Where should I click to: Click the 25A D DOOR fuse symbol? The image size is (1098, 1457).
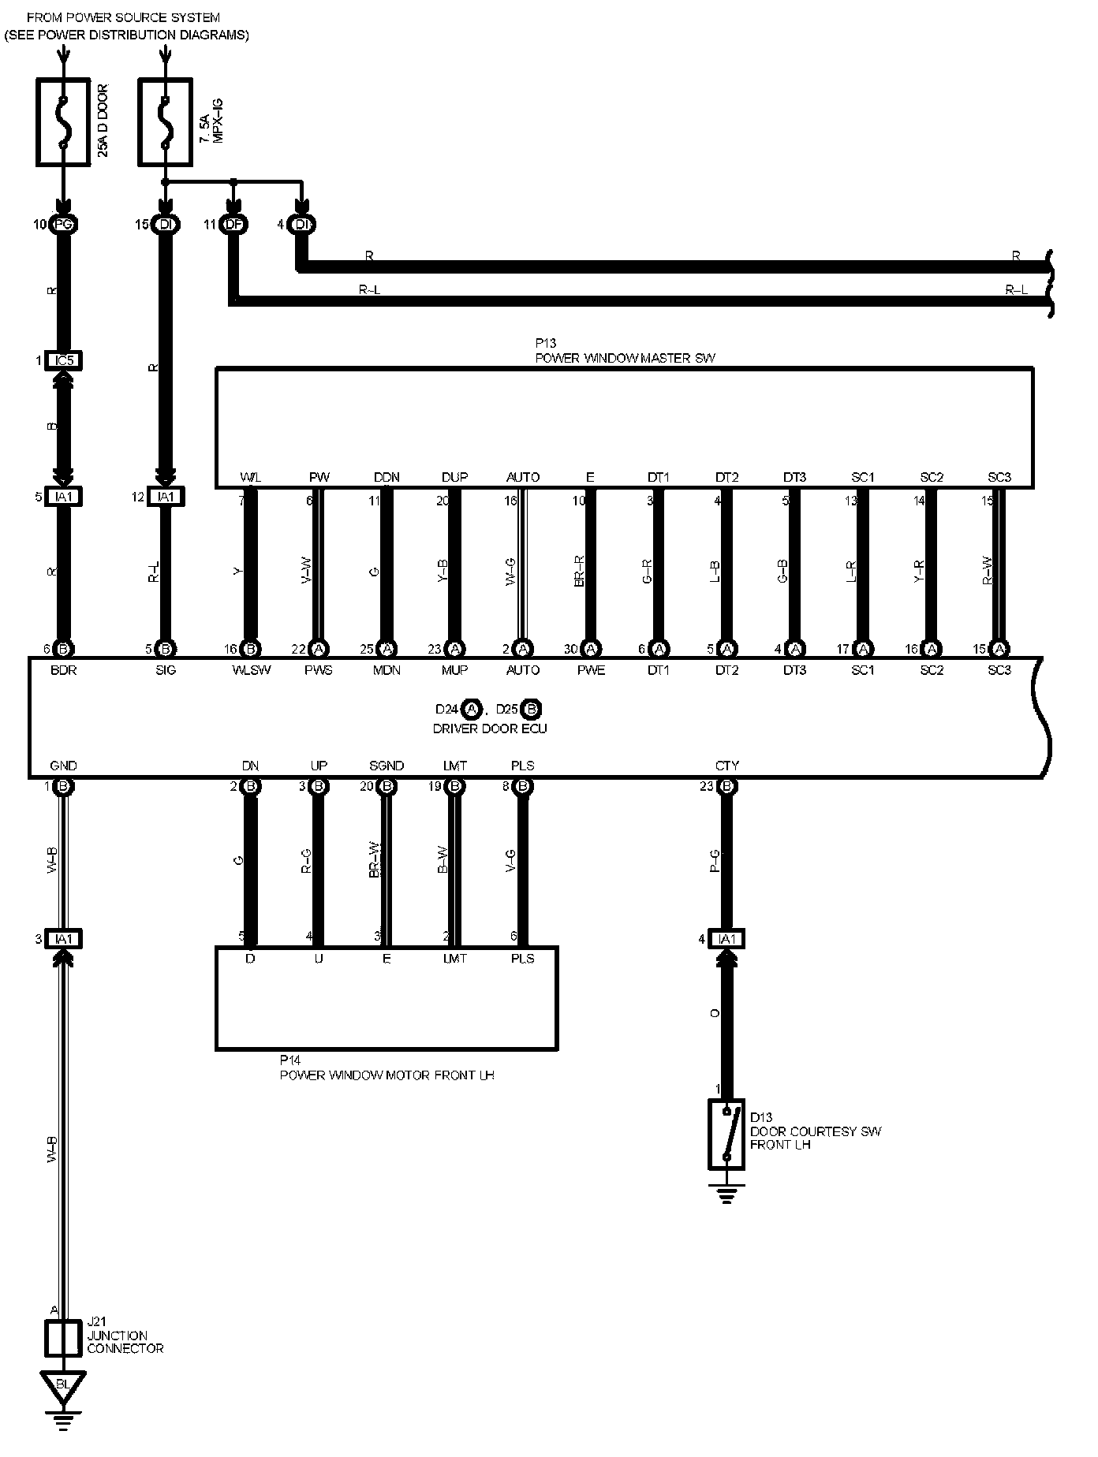64,121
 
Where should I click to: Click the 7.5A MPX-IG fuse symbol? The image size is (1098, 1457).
165,121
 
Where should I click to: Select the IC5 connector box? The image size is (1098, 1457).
64,360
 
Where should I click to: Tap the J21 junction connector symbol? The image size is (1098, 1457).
64,1337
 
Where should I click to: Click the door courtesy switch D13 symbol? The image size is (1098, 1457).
726,1134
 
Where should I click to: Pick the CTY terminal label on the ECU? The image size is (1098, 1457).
726,766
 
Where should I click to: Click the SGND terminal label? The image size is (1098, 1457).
387,766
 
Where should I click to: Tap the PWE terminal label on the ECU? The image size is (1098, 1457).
590,670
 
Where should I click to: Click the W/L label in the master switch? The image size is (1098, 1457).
250,477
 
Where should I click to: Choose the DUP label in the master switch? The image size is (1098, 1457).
454,477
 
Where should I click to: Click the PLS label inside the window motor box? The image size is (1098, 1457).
522,959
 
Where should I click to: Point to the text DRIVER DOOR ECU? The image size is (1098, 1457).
489,728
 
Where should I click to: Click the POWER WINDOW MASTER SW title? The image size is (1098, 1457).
625,358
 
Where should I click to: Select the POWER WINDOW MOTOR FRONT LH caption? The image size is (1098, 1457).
387,1075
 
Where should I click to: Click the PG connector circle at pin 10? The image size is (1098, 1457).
63,225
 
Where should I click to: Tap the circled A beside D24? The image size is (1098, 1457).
471,709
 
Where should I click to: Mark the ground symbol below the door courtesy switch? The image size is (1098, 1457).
726,1198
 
